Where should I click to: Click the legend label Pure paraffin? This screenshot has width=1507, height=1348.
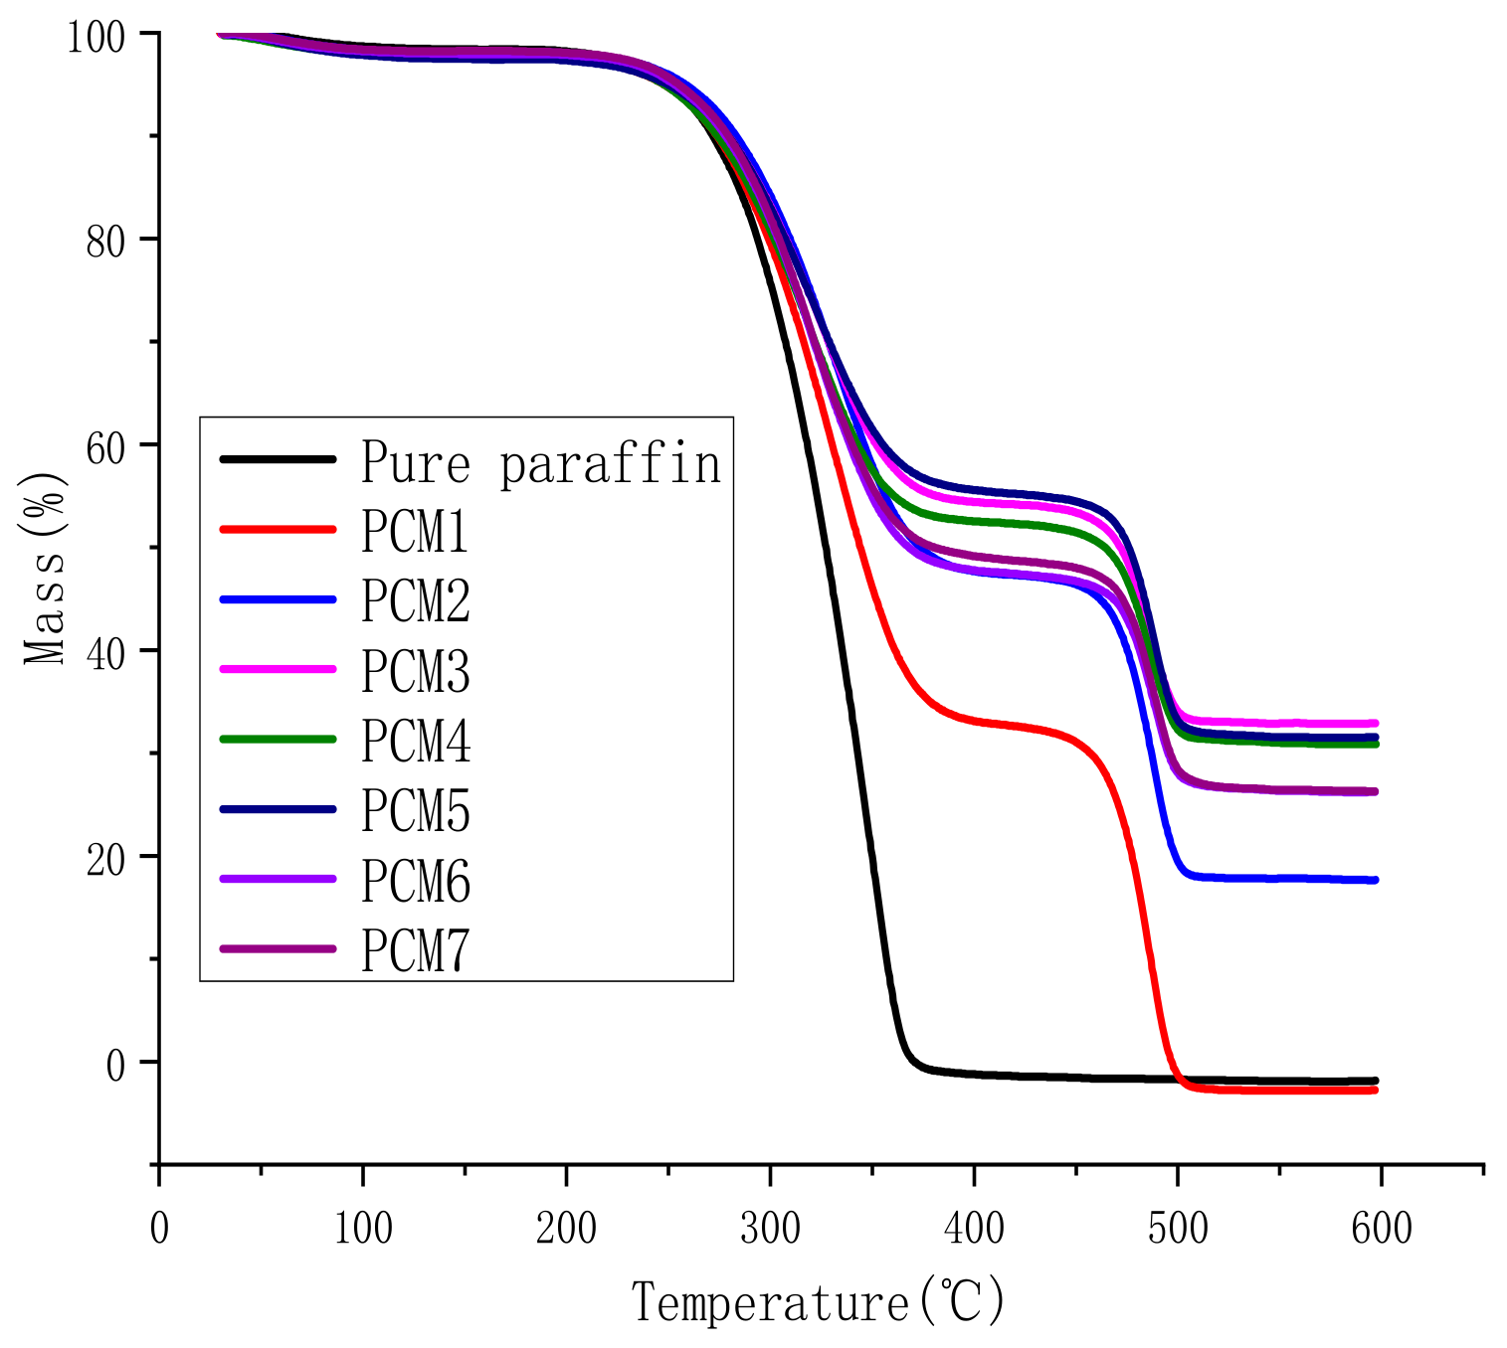[x=540, y=463]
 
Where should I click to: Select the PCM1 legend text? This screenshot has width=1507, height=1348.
[x=415, y=533]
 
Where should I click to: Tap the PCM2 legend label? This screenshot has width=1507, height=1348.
[x=415, y=602]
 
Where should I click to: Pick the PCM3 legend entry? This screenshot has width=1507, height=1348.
[x=415, y=672]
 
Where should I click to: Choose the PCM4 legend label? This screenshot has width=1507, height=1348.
[x=415, y=742]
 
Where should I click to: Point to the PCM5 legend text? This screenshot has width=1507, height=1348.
[x=415, y=811]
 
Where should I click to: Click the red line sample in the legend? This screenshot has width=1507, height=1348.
[x=278, y=529]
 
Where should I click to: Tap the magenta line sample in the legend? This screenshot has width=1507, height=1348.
[x=278, y=669]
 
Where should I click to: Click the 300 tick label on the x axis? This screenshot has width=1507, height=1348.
[x=770, y=1229]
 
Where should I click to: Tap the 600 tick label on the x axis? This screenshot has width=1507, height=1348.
[x=1381, y=1229]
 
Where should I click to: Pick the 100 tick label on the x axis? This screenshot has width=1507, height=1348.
[x=362, y=1229]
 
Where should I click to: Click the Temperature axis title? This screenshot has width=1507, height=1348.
[x=819, y=1302]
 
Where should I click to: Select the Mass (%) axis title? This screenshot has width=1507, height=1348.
[x=46, y=568]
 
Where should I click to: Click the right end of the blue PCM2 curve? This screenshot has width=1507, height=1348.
[x=1374, y=880]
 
